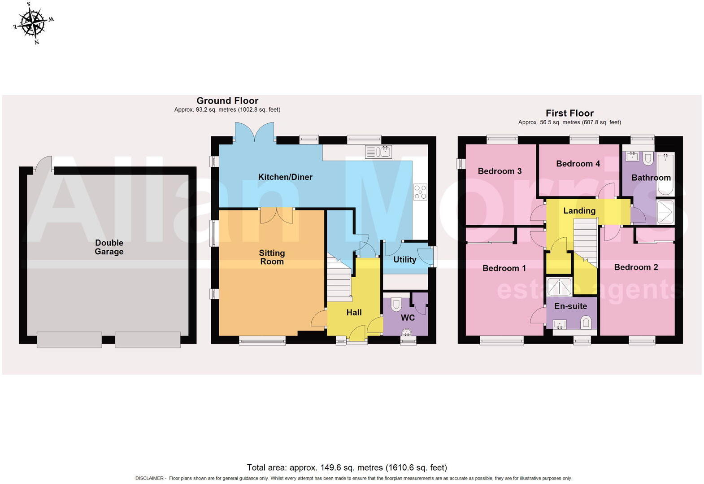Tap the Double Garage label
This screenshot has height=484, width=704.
(109, 247)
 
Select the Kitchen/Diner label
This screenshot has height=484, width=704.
(285, 177)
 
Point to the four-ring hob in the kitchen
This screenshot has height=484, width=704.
(420, 192)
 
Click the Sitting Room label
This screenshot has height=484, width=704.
(272, 257)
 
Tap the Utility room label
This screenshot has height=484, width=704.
(404, 260)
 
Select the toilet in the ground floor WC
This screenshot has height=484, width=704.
(396, 305)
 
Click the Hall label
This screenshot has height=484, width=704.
(354, 313)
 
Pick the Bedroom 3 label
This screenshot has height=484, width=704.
(500, 171)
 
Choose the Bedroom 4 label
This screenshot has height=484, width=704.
(578, 164)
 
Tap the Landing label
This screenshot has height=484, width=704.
(579, 211)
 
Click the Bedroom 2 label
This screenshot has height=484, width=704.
(636, 267)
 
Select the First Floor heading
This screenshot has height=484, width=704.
(569, 113)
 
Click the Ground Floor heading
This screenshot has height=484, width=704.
(227, 100)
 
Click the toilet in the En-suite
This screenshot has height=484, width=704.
(586, 322)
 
